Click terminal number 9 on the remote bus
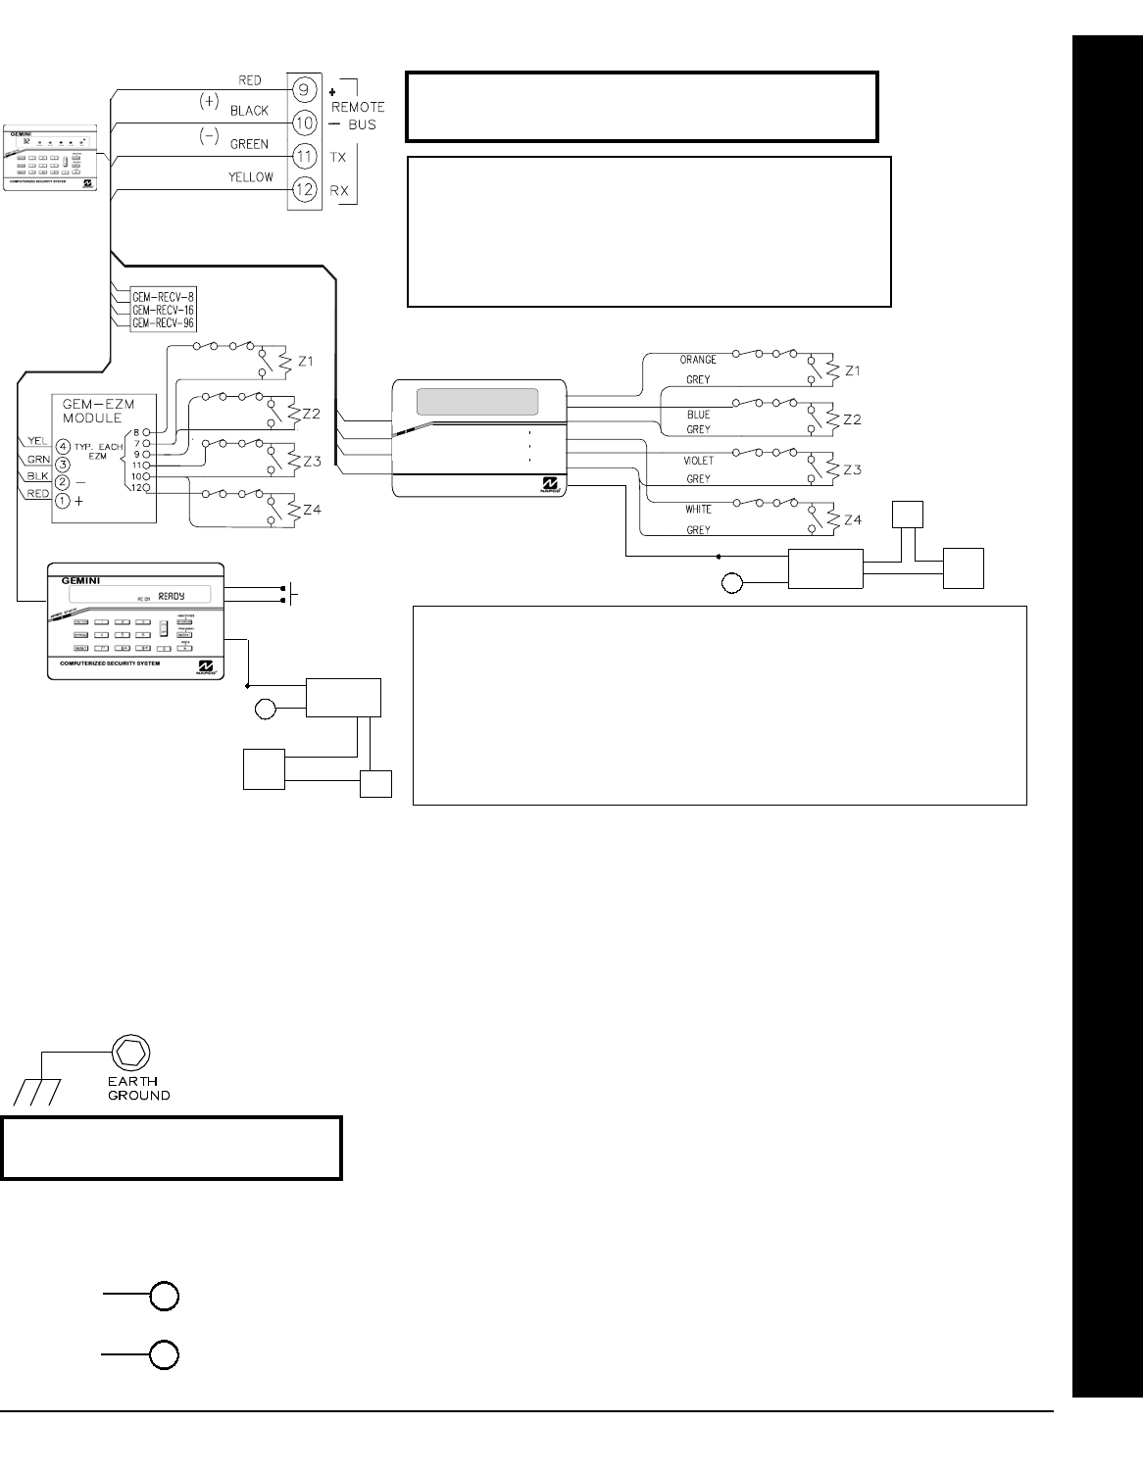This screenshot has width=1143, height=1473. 304,90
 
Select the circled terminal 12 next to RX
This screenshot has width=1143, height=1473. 304,188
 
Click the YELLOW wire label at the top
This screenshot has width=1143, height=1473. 250,177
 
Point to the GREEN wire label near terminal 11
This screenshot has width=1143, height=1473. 249,144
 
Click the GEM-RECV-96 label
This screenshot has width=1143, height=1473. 163,322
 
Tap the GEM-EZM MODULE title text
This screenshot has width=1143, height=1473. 90,411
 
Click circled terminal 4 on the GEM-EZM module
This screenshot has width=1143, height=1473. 63,445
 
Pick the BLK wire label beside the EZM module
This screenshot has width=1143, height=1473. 38,476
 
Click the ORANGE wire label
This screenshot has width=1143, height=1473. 698,360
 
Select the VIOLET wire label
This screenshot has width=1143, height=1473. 698,461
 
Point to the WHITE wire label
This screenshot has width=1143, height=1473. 698,510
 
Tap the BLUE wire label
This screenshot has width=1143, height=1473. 698,415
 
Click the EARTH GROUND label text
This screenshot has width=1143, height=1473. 139,1089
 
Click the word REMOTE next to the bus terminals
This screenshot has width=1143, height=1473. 358,107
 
